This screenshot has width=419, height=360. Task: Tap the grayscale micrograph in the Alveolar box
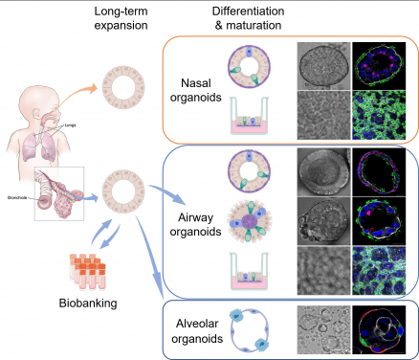[323, 327]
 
